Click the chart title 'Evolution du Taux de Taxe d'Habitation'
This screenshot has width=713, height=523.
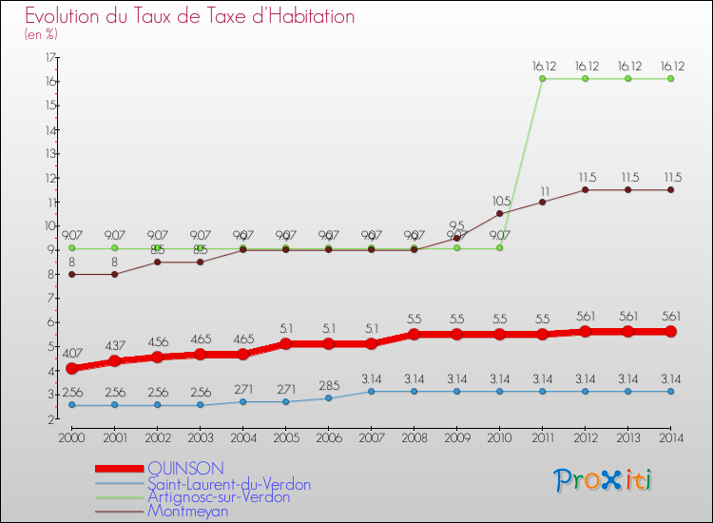point(190,16)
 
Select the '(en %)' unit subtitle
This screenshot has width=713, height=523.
point(42,34)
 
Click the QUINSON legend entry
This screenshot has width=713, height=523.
point(186,468)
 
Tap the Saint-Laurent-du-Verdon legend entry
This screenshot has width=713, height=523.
point(229,484)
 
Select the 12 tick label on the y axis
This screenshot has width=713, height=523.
point(49,178)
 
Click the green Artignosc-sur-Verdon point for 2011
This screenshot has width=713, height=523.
point(542,79)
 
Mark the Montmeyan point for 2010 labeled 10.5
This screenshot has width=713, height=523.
point(500,213)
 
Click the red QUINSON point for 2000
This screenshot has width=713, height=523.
point(72,368)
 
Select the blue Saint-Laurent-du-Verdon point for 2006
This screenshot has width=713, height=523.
point(329,397)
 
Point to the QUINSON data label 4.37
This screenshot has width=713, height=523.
point(115,344)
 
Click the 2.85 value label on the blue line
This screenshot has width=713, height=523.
point(329,384)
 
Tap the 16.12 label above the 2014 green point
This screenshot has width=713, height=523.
point(670,66)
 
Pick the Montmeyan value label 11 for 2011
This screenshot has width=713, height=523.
point(545,190)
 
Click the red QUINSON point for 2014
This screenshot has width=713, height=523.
point(670,331)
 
